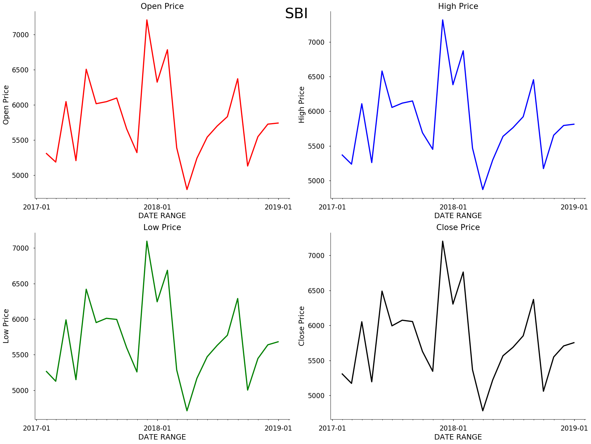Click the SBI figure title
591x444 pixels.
pyautogui.click(x=296, y=14)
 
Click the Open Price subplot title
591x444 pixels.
pyautogui.click(x=162, y=6)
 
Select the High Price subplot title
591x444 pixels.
pyautogui.click(x=458, y=6)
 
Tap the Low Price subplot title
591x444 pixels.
pyautogui.click(x=162, y=227)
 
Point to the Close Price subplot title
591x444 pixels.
pyautogui.click(x=458, y=227)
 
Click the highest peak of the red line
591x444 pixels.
pyautogui.click(x=147, y=20)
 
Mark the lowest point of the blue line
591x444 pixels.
pyautogui.click(x=483, y=190)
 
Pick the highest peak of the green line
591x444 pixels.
pyautogui.click(x=147, y=241)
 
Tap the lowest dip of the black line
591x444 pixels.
pyautogui.click(x=483, y=411)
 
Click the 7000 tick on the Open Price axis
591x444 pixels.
pyautogui.click(x=21, y=35)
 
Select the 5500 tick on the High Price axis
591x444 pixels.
pyautogui.click(x=316, y=146)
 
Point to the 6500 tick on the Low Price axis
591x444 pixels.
pyautogui.click(x=21, y=284)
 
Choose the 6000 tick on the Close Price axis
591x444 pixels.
pyautogui.click(x=316, y=326)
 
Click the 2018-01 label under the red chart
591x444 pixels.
pyautogui.click(x=157, y=207)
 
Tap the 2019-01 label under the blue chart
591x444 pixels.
pyautogui.click(x=574, y=207)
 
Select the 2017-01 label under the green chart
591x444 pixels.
pyautogui.click(x=36, y=428)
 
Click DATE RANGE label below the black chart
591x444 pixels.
pyautogui.click(x=458, y=437)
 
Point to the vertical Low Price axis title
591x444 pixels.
pyautogui.click(x=6, y=326)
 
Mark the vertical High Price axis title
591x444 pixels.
pyautogui.click(x=302, y=105)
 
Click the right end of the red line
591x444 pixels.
pyautogui.click(x=278, y=123)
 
